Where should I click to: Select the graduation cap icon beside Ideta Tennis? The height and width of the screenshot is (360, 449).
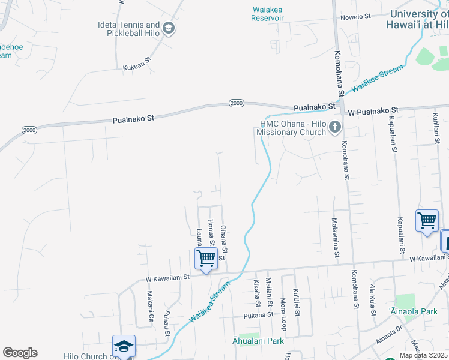pos(169,28)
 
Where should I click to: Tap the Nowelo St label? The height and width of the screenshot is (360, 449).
pos(355,17)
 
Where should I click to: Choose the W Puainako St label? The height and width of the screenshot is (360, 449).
pos(373,110)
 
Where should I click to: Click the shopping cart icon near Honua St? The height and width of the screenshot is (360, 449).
pos(206,259)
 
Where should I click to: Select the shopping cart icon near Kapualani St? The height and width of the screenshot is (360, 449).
pos(427,220)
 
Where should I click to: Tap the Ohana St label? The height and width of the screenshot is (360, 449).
pos(223,239)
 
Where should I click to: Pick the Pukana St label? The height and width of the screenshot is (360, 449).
pos(259,315)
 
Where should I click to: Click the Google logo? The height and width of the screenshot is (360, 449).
pos(20,353)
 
